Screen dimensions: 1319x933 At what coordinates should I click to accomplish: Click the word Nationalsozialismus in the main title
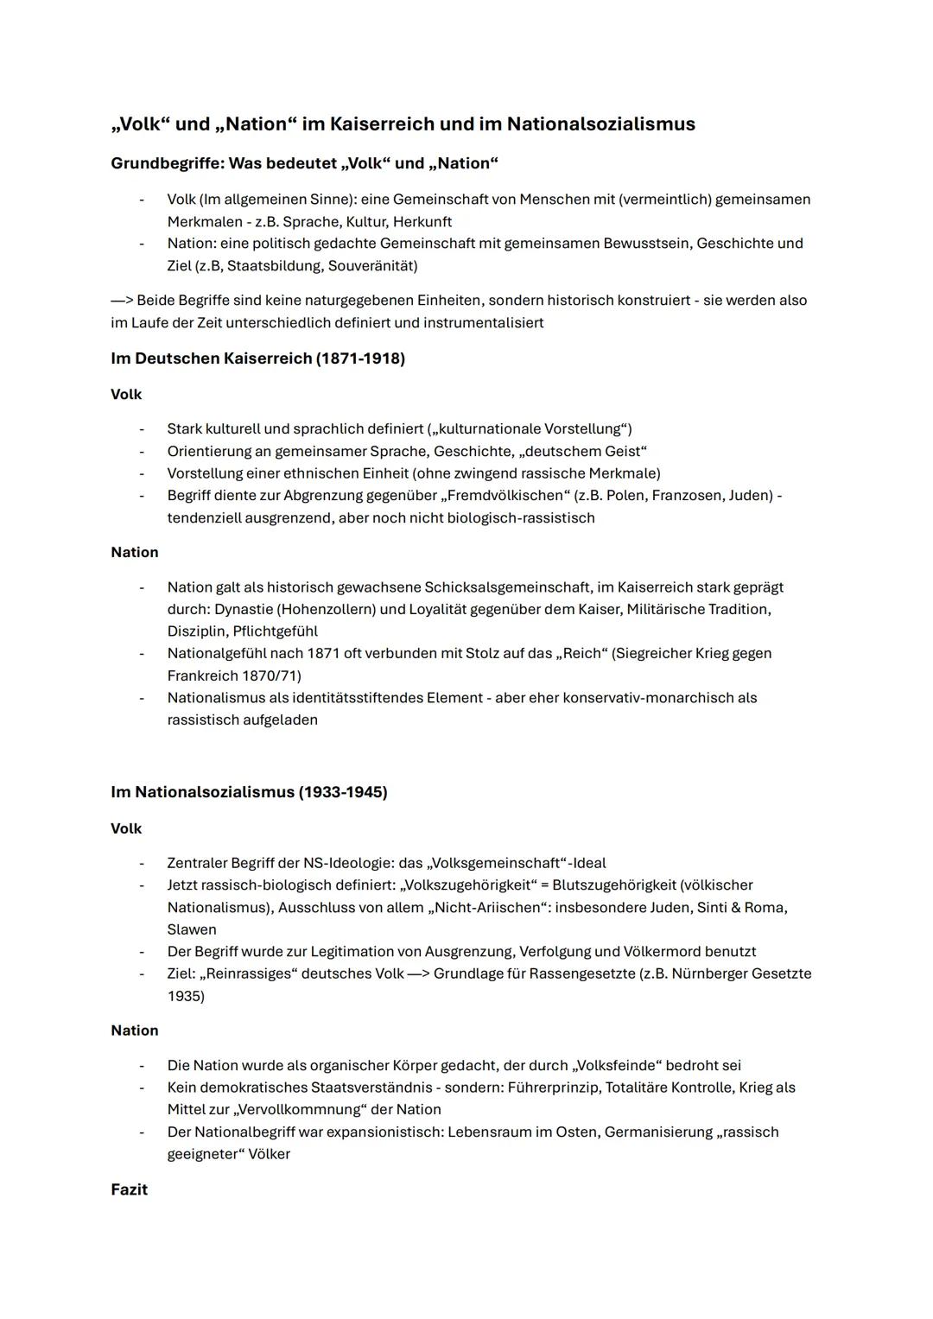[x=600, y=124]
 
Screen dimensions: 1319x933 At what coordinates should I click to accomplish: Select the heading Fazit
[x=129, y=1189]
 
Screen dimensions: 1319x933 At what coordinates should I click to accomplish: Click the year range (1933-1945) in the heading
[x=343, y=792]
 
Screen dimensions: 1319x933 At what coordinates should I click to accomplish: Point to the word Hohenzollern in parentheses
[x=326, y=609]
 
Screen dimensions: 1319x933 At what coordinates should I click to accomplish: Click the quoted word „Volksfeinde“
[x=616, y=1065]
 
